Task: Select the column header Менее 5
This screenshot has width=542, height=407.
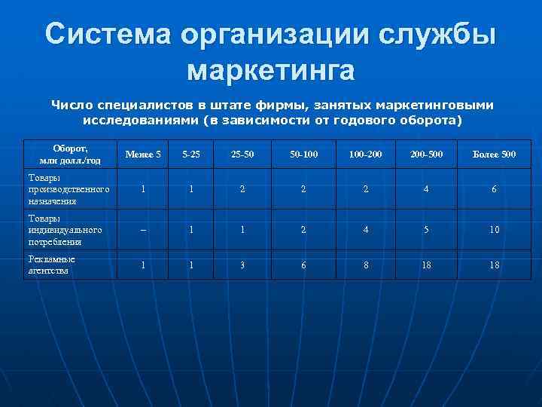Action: tap(143, 155)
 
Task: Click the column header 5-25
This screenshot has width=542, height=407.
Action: tap(191, 155)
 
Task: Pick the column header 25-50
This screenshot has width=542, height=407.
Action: tap(242, 155)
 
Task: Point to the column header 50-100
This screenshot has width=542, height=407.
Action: tap(303, 155)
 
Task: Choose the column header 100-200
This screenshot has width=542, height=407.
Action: tap(365, 155)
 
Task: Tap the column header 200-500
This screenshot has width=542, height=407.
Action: tap(426, 155)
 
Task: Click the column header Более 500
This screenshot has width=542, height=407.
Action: tap(494, 155)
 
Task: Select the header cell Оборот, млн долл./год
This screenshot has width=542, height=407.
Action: tap(69, 155)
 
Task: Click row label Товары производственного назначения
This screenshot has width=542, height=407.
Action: tap(69, 189)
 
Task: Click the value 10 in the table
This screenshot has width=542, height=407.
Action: tap(494, 230)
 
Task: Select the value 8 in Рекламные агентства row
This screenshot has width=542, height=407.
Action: tap(365, 265)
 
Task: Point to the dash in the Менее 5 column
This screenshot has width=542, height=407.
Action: tap(143, 230)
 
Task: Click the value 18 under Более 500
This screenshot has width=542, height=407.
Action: tap(494, 265)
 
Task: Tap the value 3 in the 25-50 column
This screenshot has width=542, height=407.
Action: tap(242, 265)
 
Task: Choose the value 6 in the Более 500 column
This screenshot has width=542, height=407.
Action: tap(494, 189)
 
